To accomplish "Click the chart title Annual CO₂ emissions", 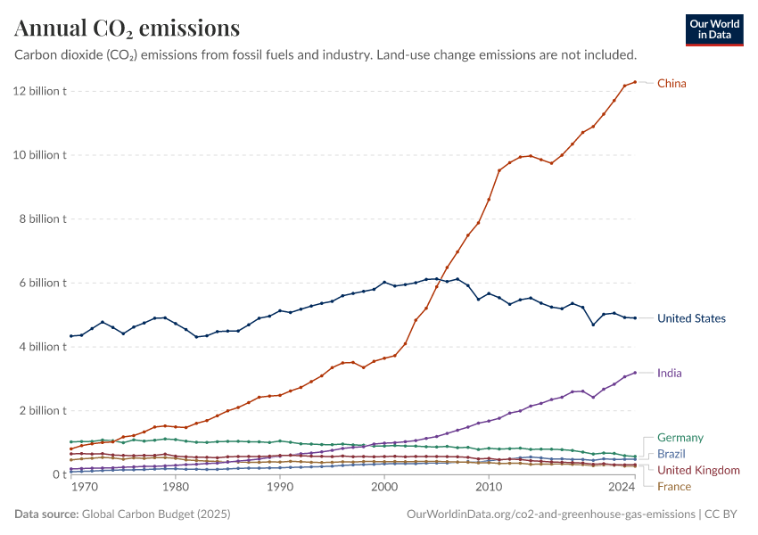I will (x=127, y=29).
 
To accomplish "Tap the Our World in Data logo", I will (x=713, y=29).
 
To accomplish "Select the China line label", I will (x=671, y=84).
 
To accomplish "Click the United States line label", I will (x=691, y=318).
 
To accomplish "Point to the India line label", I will (x=669, y=373).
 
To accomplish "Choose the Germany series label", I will (x=680, y=438).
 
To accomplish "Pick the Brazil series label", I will (x=671, y=454).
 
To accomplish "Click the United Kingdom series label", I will (x=698, y=470).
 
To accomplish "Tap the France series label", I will (x=673, y=486).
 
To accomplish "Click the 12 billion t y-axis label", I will (x=40, y=91).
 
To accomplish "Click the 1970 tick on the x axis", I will (x=84, y=488).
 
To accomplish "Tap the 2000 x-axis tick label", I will (x=384, y=488).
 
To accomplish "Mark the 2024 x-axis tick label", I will (x=622, y=488).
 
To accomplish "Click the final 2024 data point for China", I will (x=635, y=82).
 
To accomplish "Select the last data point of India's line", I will (x=635, y=373).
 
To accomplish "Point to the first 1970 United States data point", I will (x=71, y=336).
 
